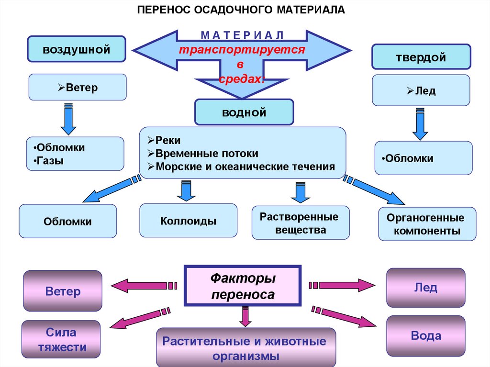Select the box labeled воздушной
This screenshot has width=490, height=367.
[x=77, y=48]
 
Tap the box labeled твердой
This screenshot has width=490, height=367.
[x=421, y=57]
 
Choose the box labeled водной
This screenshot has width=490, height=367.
[x=244, y=112]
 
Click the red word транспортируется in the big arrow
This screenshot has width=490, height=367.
[x=242, y=50]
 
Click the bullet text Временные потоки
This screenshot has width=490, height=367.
[x=206, y=154]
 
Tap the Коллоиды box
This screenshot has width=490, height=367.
[x=188, y=221]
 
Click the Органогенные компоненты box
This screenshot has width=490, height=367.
[x=427, y=224]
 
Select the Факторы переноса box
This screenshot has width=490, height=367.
[x=243, y=286]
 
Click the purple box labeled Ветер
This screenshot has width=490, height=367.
[x=63, y=291]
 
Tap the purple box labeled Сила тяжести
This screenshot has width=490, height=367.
[x=61, y=340]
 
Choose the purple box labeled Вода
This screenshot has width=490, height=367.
[x=425, y=335]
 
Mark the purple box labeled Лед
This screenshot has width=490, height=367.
[x=425, y=287]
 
